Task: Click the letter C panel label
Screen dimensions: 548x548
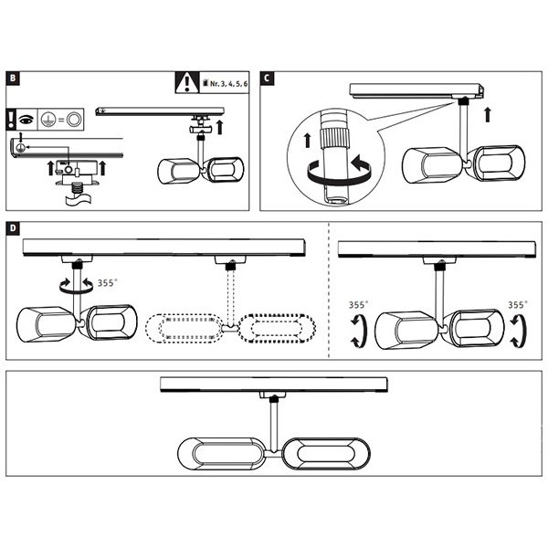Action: point(267,79)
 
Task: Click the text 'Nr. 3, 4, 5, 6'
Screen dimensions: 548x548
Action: point(228,84)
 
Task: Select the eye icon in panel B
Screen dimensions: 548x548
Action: point(28,119)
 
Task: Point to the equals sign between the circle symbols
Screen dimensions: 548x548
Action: point(60,119)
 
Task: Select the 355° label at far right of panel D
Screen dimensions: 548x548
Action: point(518,306)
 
